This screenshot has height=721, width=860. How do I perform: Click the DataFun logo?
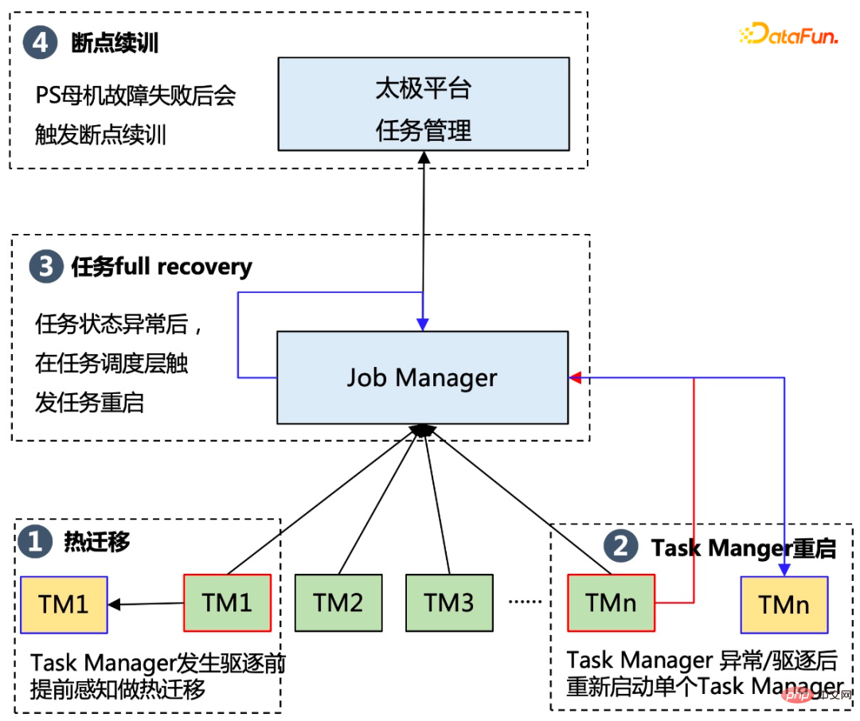(x=788, y=34)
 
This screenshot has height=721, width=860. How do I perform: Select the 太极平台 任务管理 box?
(x=423, y=103)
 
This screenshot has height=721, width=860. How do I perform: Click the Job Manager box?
(x=422, y=377)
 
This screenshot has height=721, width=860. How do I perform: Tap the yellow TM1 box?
(x=64, y=604)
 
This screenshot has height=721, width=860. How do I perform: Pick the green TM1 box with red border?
(x=227, y=602)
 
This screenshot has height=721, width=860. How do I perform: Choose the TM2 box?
(x=338, y=602)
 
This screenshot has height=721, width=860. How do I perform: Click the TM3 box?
(x=449, y=602)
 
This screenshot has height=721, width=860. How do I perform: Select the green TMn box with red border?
(x=611, y=602)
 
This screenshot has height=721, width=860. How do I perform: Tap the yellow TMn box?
(x=784, y=604)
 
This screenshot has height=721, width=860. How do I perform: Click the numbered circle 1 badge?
(x=34, y=543)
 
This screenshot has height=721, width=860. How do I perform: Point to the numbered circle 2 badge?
(x=621, y=547)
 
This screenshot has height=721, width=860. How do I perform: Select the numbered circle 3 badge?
(x=45, y=267)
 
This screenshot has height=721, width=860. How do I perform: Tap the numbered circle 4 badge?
(x=40, y=42)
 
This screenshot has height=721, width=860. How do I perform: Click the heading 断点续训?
(x=115, y=42)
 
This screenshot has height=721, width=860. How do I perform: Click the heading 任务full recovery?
(x=162, y=267)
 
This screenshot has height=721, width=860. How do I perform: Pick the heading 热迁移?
(x=96, y=543)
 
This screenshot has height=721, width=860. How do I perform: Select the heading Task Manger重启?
(x=744, y=548)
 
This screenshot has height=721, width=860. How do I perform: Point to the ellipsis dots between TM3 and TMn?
(x=525, y=602)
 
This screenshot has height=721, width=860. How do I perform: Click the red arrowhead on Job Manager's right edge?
(x=575, y=377)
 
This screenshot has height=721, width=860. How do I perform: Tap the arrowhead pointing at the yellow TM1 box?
(x=115, y=605)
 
